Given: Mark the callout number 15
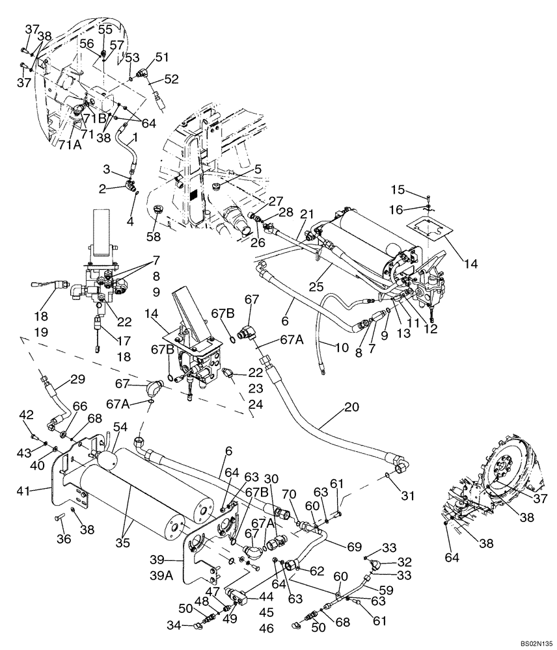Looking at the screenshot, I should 398,189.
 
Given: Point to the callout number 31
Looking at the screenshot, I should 408,496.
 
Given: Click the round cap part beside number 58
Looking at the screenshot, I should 157,210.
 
